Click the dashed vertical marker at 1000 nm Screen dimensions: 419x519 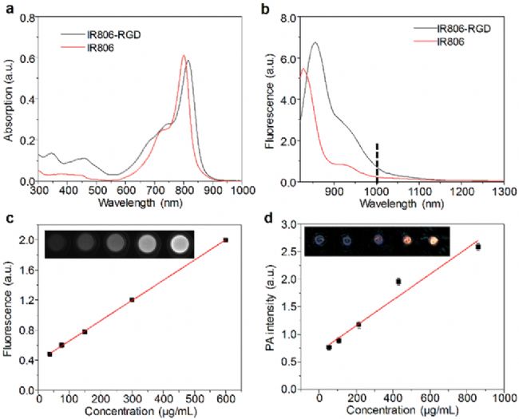coord(377,164)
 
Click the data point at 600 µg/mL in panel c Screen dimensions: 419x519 coord(226,239)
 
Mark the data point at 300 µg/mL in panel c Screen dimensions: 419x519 coord(133,299)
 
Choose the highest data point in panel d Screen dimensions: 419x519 coord(477,247)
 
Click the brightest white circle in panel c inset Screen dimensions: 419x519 coord(180,242)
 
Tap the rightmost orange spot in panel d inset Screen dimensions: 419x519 coord(434,239)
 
